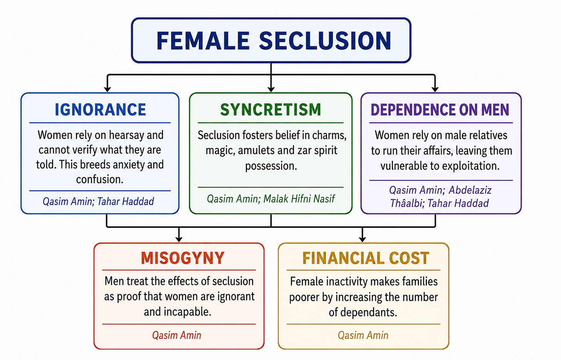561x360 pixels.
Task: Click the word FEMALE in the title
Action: click(x=203, y=40)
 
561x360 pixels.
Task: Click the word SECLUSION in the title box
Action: click(x=325, y=40)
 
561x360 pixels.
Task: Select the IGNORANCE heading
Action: click(x=100, y=110)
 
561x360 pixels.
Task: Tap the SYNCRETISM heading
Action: click(x=270, y=110)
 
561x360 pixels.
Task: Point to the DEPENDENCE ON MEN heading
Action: click(x=440, y=110)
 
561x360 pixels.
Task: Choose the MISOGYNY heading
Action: click(x=183, y=258)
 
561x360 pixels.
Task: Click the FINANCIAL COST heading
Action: click(x=366, y=258)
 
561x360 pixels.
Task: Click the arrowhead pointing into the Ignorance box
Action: click(x=107, y=89)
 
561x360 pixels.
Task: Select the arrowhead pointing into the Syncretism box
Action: click(x=271, y=89)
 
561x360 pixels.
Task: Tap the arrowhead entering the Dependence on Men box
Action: click(x=435, y=89)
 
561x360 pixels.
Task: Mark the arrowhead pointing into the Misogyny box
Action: click(x=179, y=239)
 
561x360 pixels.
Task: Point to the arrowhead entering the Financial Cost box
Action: click(x=362, y=239)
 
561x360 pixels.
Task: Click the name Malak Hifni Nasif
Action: click(x=299, y=199)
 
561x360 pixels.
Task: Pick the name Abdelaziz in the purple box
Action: click(x=470, y=190)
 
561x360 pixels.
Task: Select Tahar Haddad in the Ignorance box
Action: click(x=126, y=201)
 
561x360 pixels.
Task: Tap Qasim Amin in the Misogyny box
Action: click(x=176, y=335)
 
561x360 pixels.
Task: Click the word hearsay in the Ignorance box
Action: click(x=127, y=136)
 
